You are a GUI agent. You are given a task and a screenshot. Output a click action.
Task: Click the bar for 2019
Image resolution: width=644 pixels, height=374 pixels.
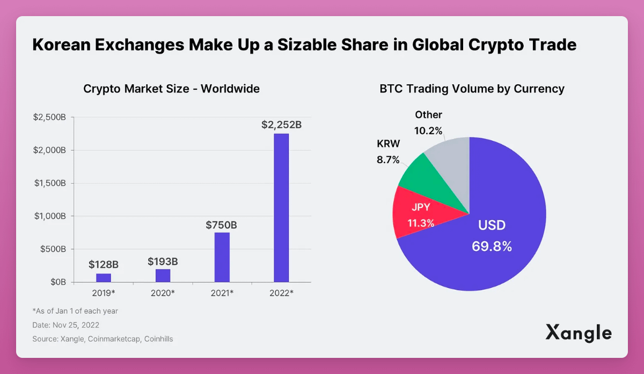(x=104, y=277)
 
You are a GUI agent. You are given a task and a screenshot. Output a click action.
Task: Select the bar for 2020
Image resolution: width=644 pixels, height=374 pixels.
(x=163, y=275)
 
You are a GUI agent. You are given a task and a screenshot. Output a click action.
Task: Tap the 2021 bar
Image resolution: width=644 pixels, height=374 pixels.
(x=222, y=257)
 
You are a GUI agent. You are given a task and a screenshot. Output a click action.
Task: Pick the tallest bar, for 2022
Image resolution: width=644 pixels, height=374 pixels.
(x=281, y=207)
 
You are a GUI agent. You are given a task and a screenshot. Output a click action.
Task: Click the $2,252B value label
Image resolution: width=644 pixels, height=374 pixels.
(x=281, y=125)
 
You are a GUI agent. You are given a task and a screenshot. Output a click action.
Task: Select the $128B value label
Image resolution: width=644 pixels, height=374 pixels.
(x=104, y=264)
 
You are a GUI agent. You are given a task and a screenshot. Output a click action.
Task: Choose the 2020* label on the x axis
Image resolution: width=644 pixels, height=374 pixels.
(x=163, y=292)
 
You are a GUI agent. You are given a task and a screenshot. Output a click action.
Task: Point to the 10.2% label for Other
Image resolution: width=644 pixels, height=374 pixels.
(x=428, y=131)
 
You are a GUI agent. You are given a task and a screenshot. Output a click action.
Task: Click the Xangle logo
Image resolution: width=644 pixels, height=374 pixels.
(x=579, y=333)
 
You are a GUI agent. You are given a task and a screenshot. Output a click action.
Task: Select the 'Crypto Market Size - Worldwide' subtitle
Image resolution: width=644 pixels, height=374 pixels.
(x=171, y=89)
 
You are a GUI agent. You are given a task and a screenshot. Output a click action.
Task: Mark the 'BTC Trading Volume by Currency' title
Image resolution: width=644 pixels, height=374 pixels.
(x=472, y=89)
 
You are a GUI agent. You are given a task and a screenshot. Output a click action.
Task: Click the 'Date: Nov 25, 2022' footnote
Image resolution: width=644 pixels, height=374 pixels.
(x=66, y=325)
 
